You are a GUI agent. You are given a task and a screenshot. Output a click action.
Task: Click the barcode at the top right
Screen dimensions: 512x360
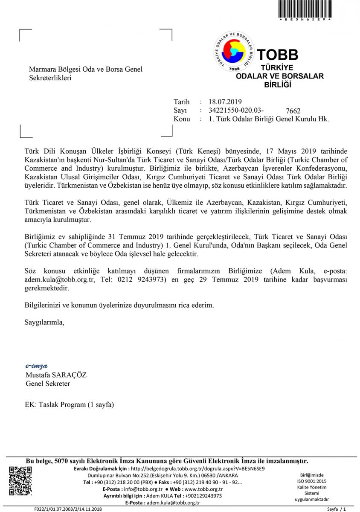pyautogui.click(x=305, y=9)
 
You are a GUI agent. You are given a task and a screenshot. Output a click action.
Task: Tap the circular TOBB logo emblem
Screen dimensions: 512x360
pyautogui.click(x=234, y=52)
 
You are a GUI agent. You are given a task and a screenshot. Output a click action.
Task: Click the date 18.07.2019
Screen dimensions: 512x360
pyautogui.click(x=225, y=102)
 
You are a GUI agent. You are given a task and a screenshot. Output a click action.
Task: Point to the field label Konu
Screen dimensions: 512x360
pyautogui.click(x=182, y=119)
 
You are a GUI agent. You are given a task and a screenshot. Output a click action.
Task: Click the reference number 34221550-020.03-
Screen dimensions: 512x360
pyautogui.click(x=233, y=111)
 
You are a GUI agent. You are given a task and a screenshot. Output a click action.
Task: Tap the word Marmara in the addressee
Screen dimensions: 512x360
pyautogui.click(x=41, y=69)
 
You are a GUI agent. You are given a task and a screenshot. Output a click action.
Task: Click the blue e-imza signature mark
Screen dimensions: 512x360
pyautogui.click(x=36, y=366)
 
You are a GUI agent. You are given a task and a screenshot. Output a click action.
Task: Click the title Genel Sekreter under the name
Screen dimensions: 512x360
pyautogui.click(x=48, y=384)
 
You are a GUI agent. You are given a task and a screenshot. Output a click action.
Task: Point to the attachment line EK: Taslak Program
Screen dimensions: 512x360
pyautogui.click(x=70, y=404)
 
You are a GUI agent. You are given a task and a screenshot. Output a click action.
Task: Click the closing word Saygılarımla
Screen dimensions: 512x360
pyautogui.click(x=44, y=322)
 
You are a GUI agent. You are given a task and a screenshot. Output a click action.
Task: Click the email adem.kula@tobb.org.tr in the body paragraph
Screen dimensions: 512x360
pyautogui.click(x=60, y=279)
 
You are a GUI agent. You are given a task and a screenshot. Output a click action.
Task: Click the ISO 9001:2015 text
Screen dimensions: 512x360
pyautogui.click(x=312, y=481)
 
